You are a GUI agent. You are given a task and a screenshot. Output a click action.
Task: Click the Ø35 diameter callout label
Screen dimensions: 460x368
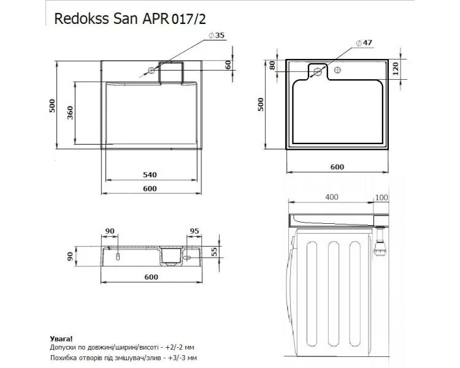pyautogui.click(x=217, y=35)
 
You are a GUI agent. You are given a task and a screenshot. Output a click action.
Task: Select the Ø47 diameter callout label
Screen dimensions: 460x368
pyautogui.click(x=364, y=43)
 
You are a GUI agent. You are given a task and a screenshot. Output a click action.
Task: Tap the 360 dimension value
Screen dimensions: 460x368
pyautogui.click(x=70, y=113)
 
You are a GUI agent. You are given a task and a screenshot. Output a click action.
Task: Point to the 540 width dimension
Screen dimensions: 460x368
pyautogui.click(x=150, y=175)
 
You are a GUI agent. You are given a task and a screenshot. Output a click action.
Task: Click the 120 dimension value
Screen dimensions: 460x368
pyautogui.click(x=396, y=69)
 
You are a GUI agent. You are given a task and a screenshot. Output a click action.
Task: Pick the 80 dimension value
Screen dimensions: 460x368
pyautogui.click(x=272, y=65)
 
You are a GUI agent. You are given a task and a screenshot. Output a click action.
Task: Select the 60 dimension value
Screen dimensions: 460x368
pyautogui.click(x=228, y=64)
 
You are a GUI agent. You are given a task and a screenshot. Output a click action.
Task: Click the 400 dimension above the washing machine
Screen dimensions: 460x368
pyautogui.click(x=332, y=197)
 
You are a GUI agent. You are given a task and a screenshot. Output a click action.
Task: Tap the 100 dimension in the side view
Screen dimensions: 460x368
pyautogui.click(x=381, y=197)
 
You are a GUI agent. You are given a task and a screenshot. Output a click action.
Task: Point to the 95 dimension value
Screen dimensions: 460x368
pyautogui.click(x=194, y=231)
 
